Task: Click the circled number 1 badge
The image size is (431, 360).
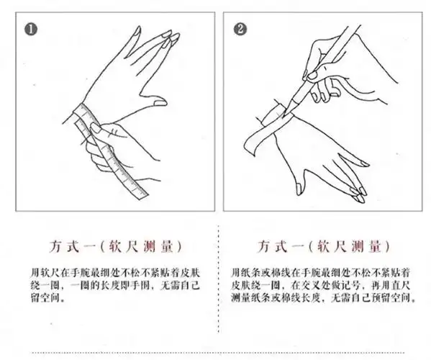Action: coord(30,30)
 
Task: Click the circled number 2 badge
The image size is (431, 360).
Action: coord(240,30)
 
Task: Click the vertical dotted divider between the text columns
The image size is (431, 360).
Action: coord(218,288)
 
